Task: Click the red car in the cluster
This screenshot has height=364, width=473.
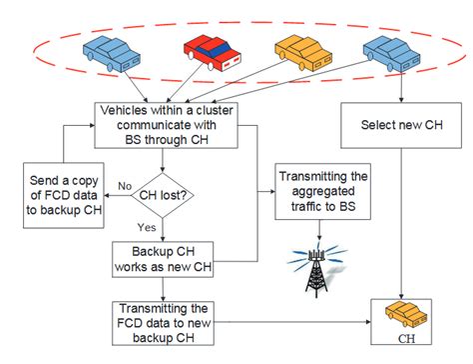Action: tap(212, 47)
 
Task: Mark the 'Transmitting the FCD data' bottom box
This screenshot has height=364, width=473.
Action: tap(170, 321)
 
